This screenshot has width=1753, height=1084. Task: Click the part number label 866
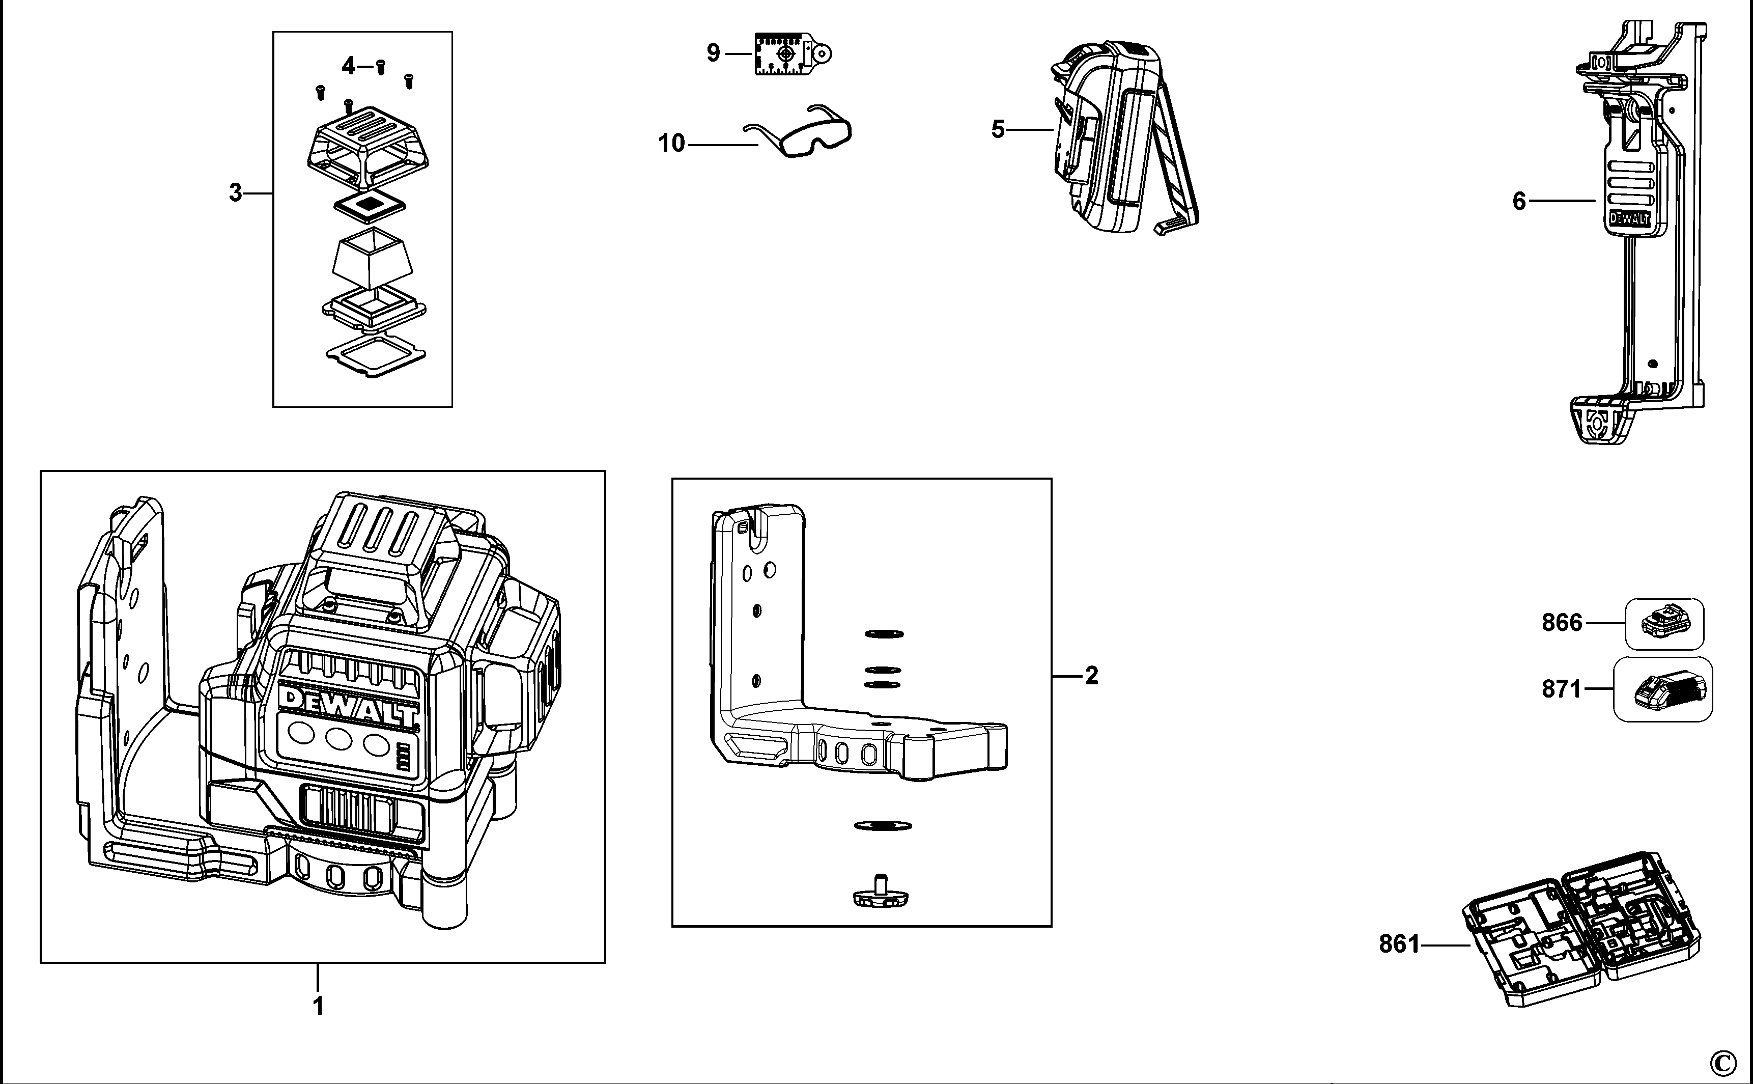(1562, 622)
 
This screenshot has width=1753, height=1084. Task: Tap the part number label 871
(1562, 689)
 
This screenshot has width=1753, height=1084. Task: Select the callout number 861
(1399, 944)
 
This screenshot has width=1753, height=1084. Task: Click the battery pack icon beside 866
(1663, 624)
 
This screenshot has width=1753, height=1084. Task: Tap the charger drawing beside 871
(1663, 690)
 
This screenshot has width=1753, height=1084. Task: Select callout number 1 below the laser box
(318, 1006)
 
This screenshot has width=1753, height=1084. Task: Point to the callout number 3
(235, 193)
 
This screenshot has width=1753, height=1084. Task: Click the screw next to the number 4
(381, 67)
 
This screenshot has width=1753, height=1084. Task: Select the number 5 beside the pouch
(998, 130)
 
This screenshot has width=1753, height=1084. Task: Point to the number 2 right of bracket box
(1091, 675)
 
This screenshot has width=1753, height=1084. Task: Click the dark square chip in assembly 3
(370, 204)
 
